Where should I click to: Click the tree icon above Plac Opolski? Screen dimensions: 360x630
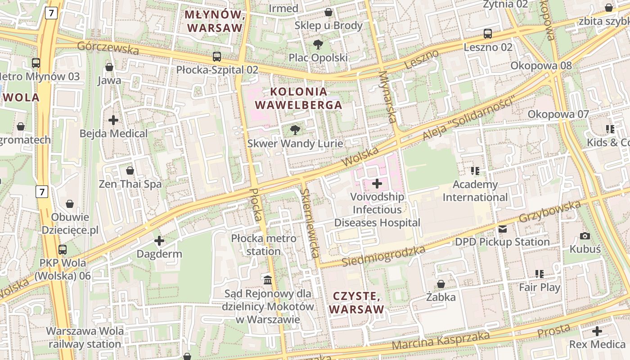[x=318, y=44]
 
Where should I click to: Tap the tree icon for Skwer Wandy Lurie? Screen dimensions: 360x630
[x=295, y=130]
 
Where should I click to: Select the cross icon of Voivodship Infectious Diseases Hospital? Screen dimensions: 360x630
[x=377, y=184]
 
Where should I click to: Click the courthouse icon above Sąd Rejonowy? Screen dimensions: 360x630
[x=268, y=280]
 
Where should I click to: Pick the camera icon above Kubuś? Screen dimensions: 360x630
[x=585, y=236]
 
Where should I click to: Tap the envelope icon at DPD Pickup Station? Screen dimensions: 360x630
[x=503, y=229]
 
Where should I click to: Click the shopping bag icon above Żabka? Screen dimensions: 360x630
[x=441, y=284]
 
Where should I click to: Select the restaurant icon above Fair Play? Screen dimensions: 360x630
[x=540, y=274]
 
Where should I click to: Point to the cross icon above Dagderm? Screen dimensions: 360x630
[x=159, y=241]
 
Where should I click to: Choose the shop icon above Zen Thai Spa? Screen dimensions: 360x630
[x=130, y=171]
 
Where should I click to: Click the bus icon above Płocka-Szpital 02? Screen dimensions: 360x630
[x=217, y=57]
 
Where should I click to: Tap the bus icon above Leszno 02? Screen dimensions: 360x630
[x=488, y=33]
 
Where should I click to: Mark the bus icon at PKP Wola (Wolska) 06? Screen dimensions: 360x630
[x=63, y=249]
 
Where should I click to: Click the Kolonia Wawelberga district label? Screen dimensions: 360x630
[x=299, y=98]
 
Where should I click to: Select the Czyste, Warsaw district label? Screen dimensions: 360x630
[x=356, y=302]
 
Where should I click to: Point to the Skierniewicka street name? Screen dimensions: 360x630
[x=310, y=223]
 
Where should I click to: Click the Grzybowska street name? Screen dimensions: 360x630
[x=550, y=211]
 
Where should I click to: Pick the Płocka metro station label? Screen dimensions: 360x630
[x=264, y=245]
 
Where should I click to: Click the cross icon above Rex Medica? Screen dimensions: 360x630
[x=597, y=332]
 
